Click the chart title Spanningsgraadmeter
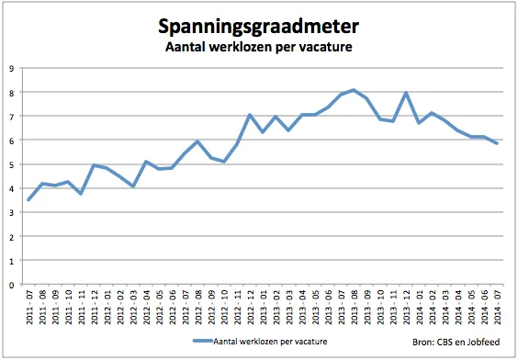tap(259, 26)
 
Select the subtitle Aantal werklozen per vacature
tap(259, 47)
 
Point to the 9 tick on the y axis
tap(10, 68)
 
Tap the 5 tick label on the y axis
tap(10, 164)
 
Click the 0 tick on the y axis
tap(10, 285)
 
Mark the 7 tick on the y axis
tap(10, 117)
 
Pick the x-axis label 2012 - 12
tap(251, 308)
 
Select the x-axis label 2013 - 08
tap(355, 308)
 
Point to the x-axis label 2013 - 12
tap(407, 308)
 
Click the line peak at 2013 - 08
tap(355, 90)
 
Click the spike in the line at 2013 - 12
tap(406, 93)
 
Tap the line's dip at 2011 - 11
tap(82, 194)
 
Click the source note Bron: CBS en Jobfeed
tap(454, 342)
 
